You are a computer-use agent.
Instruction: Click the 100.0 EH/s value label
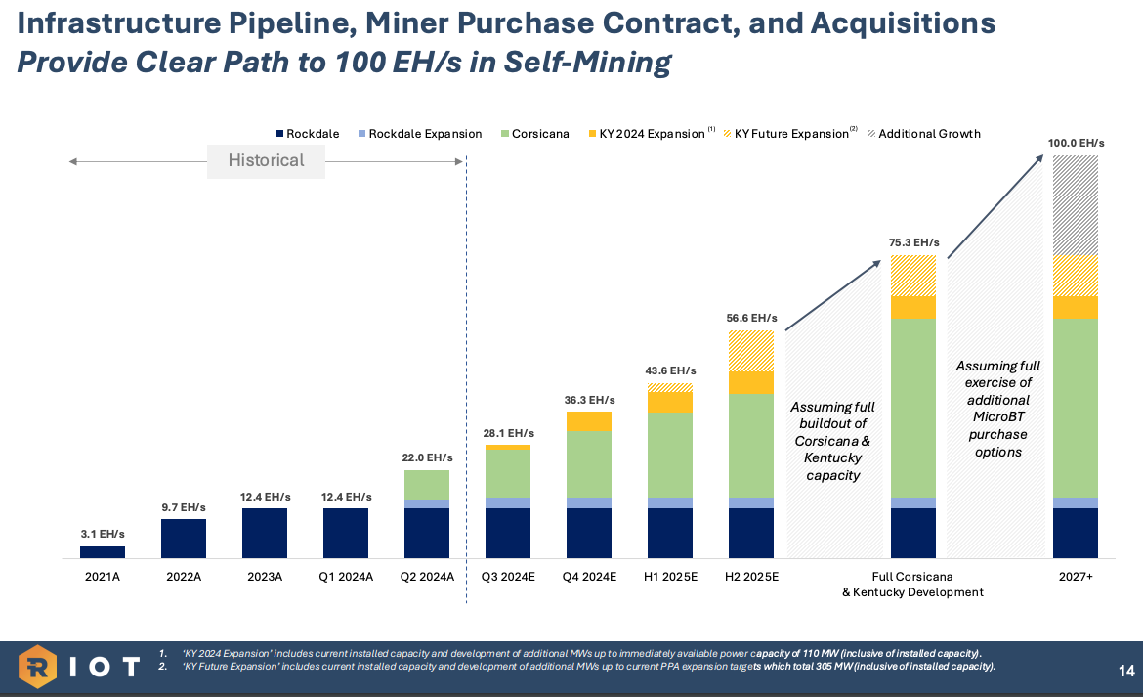tap(1076, 144)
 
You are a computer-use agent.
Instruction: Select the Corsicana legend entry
tap(533, 134)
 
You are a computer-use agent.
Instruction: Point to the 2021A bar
tap(103, 552)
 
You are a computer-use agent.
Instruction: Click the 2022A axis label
tap(184, 577)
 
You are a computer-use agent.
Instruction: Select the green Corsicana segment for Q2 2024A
tap(427, 485)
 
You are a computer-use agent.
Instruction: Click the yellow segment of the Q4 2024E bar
tap(589, 421)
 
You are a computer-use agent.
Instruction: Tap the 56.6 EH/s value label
tap(751, 318)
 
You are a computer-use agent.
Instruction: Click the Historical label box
tap(266, 160)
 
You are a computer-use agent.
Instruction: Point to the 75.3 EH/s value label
tap(913, 242)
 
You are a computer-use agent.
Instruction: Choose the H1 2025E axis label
tap(670, 577)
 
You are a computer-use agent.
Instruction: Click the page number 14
tap(1125, 671)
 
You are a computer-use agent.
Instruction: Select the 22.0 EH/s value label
tap(427, 457)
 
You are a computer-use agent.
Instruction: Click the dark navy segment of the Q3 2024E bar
tap(508, 533)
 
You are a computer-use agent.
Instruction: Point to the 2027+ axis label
tap(1076, 577)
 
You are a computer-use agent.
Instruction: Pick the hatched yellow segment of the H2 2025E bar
tap(751, 351)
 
